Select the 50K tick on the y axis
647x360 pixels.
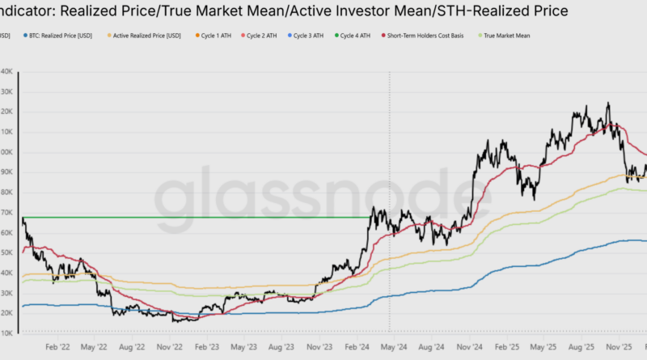click(6, 253)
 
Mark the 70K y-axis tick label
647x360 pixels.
click(6, 213)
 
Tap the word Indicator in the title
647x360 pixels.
click(32, 11)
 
